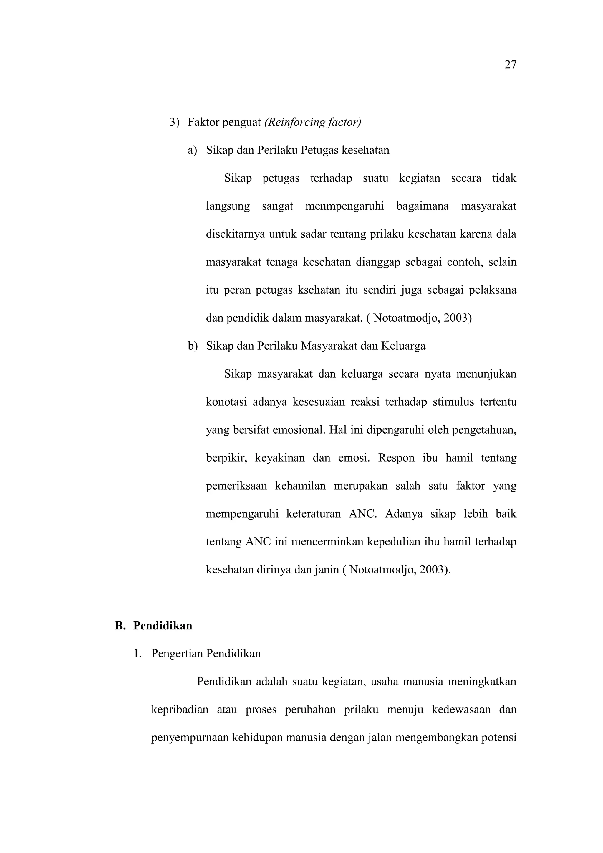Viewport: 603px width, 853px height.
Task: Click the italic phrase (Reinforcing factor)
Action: click(x=312, y=122)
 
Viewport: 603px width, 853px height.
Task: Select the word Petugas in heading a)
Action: click(x=319, y=150)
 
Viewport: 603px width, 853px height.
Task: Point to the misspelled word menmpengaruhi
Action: click(x=344, y=206)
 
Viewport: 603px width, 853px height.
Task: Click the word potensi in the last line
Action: click(x=499, y=738)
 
